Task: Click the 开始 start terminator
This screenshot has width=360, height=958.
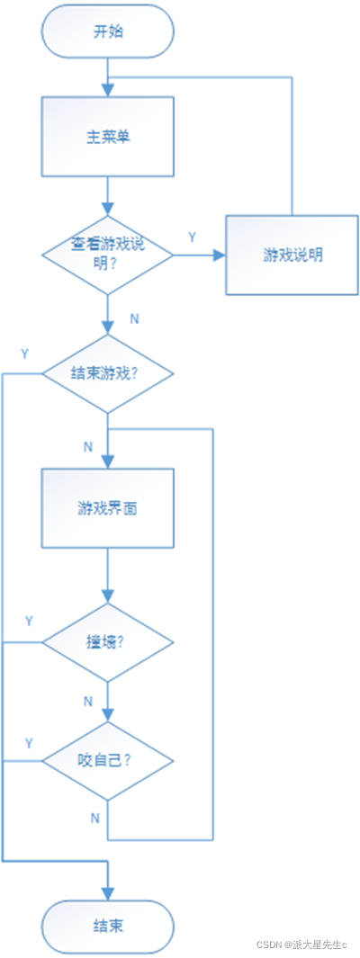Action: point(108,32)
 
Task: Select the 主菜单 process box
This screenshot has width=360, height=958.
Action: point(108,137)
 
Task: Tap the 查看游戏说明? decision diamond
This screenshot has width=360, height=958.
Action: point(108,255)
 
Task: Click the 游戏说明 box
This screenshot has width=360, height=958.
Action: point(292,255)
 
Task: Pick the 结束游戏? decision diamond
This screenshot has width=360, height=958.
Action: point(108,373)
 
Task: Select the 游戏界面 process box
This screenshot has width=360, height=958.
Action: point(108,507)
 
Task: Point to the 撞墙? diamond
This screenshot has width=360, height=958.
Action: point(108,643)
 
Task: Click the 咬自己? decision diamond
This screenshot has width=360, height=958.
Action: point(108,761)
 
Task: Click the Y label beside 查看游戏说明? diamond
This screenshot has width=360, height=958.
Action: point(192,237)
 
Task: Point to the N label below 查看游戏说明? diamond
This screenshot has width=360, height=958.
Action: point(134,318)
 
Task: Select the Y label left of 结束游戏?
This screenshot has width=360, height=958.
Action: point(25,354)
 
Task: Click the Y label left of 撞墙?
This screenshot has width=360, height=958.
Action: point(29,622)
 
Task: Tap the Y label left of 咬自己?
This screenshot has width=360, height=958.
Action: point(29,743)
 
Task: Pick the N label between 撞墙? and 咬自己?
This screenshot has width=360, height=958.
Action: point(88,701)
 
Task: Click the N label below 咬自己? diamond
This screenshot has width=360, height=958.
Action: point(95,818)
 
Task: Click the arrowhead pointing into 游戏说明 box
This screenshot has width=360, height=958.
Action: point(220,255)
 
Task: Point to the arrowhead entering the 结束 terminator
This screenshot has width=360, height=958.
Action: point(108,893)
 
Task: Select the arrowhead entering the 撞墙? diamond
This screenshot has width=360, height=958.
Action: point(108,597)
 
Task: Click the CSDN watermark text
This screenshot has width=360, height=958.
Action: point(301,945)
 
